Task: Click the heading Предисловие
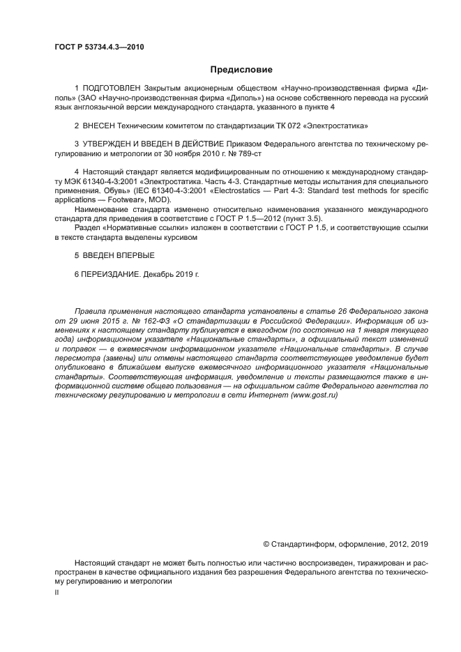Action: pos(241,70)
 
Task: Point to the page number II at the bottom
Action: pos(56,591)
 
